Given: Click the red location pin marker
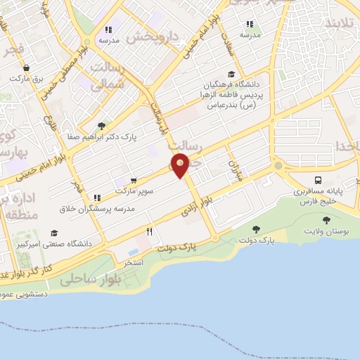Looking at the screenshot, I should (181, 166).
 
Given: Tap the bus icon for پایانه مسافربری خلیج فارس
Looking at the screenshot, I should (319, 179).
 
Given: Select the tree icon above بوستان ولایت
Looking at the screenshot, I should (326, 219).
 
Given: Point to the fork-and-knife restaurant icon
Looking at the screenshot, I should (149, 231).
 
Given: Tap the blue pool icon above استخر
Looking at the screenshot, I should (134, 251).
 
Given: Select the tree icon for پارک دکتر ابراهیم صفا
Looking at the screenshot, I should (103, 127).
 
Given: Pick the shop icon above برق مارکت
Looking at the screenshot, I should (27, 69).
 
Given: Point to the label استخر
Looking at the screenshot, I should (133, 262).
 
